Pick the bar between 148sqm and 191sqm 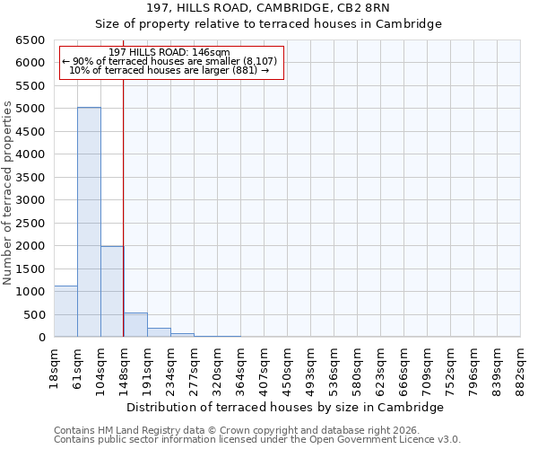[x=135, y=325]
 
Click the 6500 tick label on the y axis [x=30, y=40]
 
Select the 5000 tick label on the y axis [x=30, y=109]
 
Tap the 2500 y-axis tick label [x=30, y=223]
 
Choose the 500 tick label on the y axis [x=33, y=314]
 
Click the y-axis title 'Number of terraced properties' [x=8, y=193]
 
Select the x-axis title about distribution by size [x=285, y=407]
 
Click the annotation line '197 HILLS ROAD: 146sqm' [x=169, y=52]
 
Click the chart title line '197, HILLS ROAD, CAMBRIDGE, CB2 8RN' [x=268, y=8]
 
